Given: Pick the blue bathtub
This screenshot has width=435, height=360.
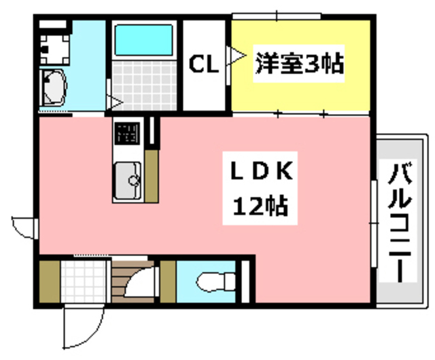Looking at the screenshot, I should click(x=143, y=40).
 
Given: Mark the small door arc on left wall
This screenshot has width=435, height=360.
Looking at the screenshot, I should click(x=24, y=226).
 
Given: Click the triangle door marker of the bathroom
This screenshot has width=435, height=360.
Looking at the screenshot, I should click(x=117, y=103).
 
